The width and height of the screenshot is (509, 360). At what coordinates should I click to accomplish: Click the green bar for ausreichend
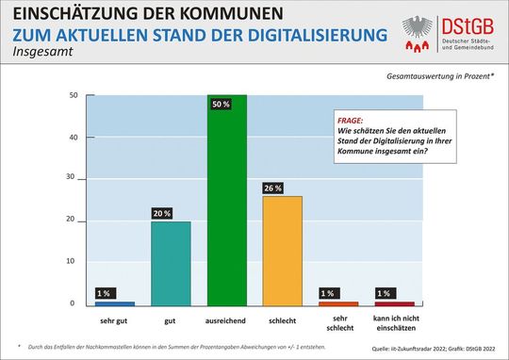[x=227, y=203]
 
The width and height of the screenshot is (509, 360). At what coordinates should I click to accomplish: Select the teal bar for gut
[x=171, y=264]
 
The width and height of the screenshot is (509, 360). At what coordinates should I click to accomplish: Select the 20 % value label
[x=161, y=213]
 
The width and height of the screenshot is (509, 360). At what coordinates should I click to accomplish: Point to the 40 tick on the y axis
[x=73, y=138]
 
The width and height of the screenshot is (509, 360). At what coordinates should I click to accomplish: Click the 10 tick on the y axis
[x=73, y=261]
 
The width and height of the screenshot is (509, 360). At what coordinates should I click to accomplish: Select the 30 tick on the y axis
[x=73, y=179]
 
